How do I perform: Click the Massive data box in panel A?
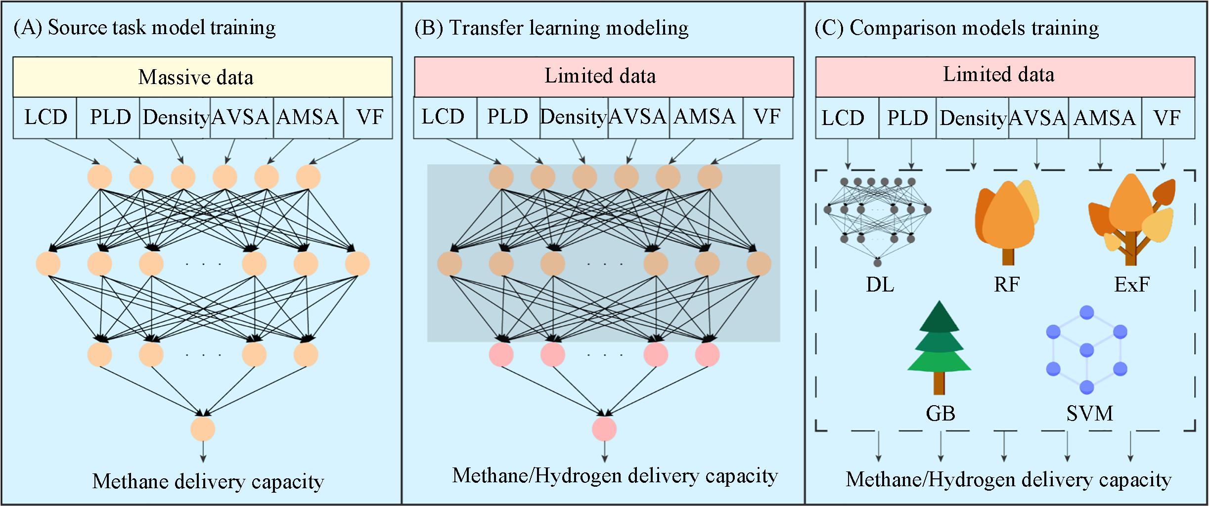(202, 77)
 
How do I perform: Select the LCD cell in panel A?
(45, 118)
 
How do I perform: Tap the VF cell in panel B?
(767, 117)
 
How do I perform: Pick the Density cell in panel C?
(972, 118)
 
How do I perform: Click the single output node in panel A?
(203, 429)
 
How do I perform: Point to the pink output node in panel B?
(604, 429)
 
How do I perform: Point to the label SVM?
(1089, 413)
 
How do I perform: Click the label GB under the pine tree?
(940, 413)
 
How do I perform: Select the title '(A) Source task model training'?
(144, 28)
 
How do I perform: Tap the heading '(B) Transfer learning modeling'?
(551, 28)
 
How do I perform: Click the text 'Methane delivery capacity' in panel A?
(208, 481)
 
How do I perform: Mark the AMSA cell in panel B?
(705, 117)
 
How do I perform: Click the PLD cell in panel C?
(907, 118)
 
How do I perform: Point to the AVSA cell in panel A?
(241, 118)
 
